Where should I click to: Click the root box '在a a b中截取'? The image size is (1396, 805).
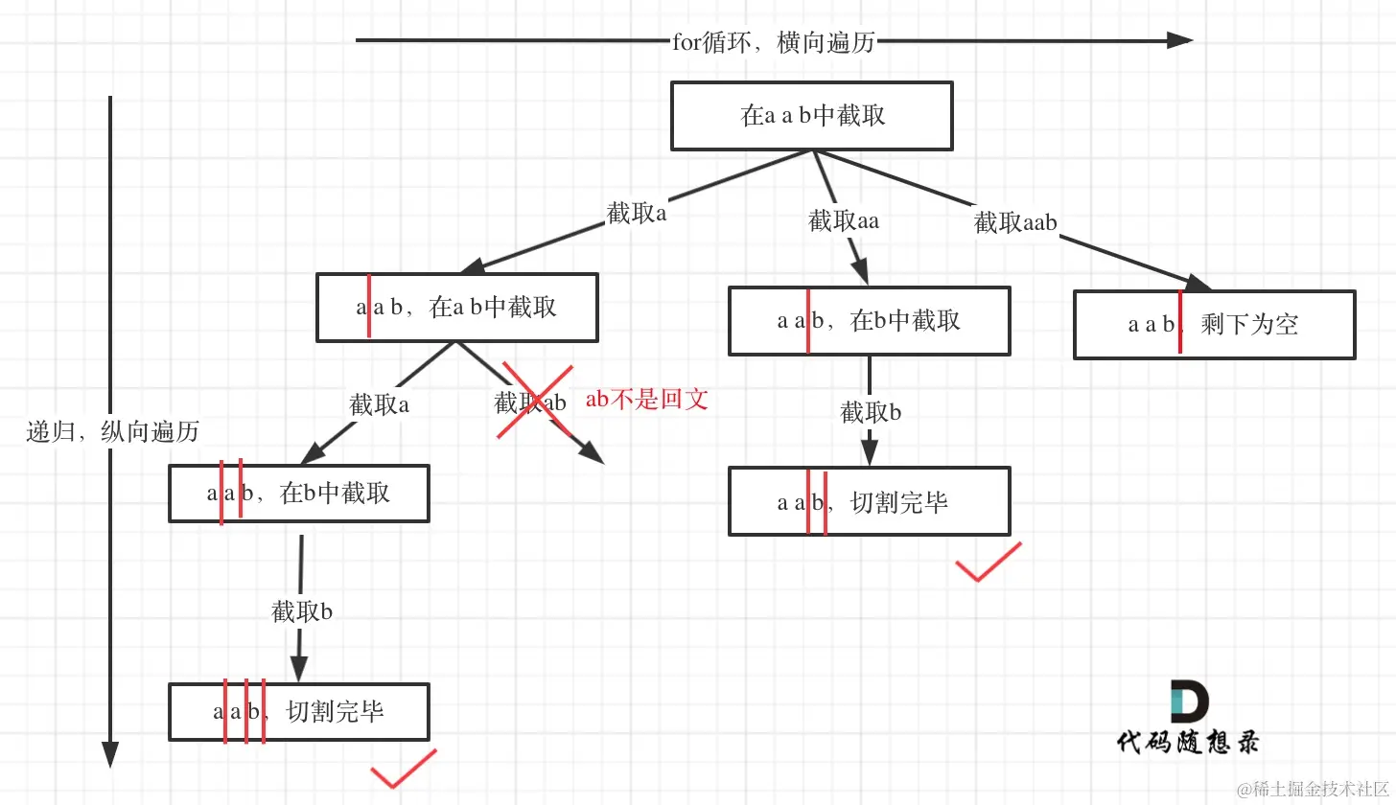811,116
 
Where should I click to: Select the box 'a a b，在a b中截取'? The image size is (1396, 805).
457,308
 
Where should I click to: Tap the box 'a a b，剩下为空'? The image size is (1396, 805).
1214,325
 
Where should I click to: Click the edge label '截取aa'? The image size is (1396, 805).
843,221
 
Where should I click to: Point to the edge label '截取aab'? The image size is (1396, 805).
1014,223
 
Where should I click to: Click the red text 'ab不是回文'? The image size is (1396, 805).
647,400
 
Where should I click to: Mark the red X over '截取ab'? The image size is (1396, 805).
534,402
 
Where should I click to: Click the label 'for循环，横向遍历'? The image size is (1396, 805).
774,41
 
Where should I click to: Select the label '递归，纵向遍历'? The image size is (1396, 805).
113,431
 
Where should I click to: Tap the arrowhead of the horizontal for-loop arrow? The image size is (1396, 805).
1179,40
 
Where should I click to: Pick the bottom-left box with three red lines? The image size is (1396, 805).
298,712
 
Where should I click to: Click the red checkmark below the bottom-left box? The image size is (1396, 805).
403,770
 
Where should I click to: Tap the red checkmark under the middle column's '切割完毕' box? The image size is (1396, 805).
988,563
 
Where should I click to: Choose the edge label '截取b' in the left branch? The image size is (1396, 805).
302,611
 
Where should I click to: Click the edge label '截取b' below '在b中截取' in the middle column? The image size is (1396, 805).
871,413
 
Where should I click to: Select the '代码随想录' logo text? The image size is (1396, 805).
1187,742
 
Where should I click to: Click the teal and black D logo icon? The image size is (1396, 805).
1189,701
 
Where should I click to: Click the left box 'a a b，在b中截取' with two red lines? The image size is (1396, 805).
298,494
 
